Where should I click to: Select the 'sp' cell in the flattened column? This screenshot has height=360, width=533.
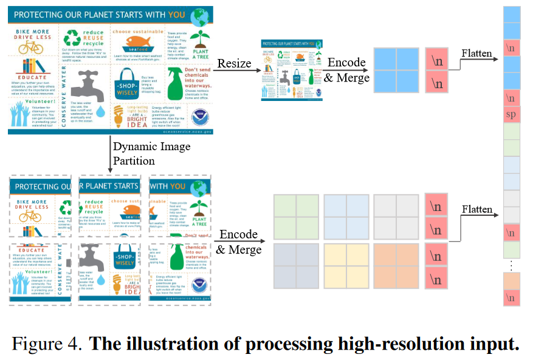click(x=512, y=116)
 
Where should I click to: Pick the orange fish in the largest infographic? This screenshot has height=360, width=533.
click(x=134, y=41)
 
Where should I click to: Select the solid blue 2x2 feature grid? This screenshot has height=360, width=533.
click(x=396, y=69)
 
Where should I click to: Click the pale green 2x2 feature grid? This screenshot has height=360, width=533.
click(x=297, y=217)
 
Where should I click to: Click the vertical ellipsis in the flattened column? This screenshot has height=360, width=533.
click(x=512, y=265)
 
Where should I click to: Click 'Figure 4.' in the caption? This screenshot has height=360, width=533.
click(x=47, y=344)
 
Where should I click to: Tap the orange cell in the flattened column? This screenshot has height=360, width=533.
click(x=512, y=281)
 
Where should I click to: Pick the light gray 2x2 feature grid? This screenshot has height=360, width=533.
click(x=396, y=217)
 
